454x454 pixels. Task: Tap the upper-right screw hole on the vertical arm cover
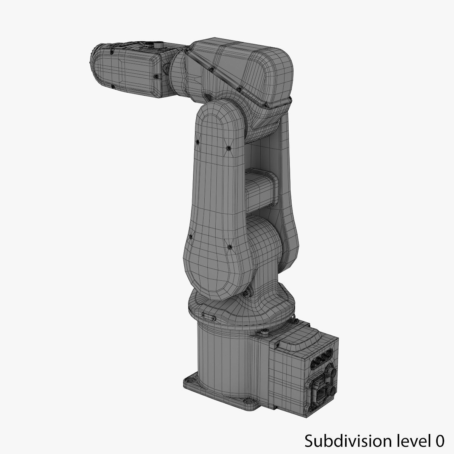[x=228, y=148]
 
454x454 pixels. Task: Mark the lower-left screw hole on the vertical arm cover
[x=190, y=237]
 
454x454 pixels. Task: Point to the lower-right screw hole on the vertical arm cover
[x=229, y=247]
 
